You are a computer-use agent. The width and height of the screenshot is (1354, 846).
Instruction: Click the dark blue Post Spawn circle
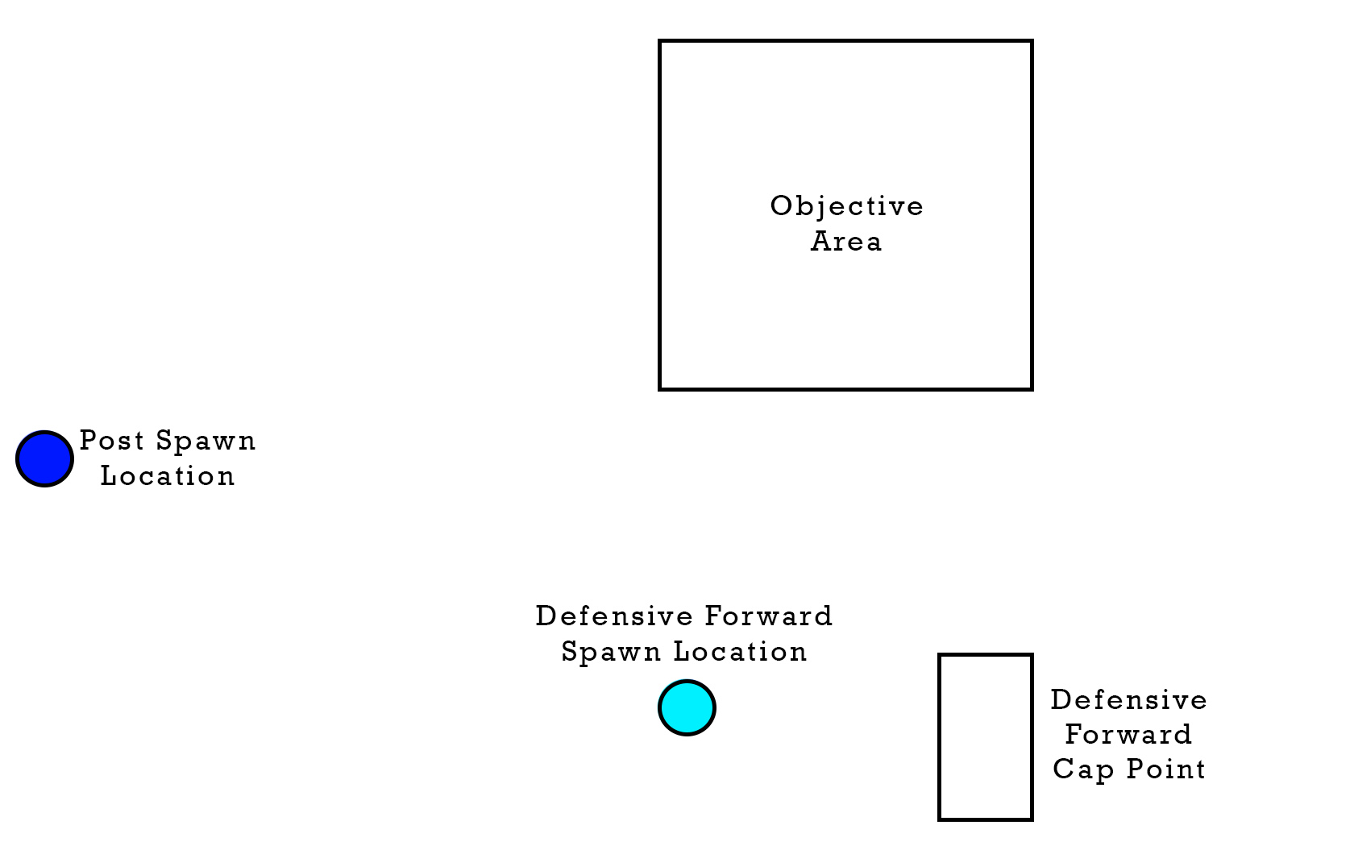[44, 458]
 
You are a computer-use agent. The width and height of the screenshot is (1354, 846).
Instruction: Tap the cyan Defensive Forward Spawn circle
[687, 708]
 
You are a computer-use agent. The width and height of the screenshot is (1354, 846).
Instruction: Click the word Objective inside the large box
[846, 206]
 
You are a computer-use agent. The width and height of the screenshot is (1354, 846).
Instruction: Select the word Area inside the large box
[846, 242]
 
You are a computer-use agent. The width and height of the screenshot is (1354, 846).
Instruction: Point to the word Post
[112, 441]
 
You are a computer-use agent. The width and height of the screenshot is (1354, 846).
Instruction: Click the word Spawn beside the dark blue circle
[206, 442]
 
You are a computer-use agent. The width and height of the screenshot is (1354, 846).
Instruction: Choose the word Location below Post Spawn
[168, 476]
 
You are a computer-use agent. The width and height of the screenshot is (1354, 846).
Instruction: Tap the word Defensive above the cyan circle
[614, 616]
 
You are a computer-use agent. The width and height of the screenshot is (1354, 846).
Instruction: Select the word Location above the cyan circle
[740, 652]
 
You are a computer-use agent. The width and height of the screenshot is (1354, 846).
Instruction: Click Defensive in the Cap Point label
[1128, 700]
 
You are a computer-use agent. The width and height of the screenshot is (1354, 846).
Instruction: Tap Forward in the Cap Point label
[1128, 735]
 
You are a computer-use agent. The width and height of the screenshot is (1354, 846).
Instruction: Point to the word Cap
[1084, 769]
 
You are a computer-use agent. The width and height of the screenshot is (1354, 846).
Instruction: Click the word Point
[1166, 769]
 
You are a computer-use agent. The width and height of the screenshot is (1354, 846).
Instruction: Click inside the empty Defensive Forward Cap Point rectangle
[986, 737]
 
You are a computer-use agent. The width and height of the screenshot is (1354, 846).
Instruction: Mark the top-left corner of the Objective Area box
[660, 41]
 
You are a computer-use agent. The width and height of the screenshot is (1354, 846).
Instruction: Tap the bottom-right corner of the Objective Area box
[1032, 389]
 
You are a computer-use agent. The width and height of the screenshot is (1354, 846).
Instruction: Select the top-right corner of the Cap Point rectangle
[1032, 656]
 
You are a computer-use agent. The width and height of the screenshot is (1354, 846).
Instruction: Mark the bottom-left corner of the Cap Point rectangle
[940, 819]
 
